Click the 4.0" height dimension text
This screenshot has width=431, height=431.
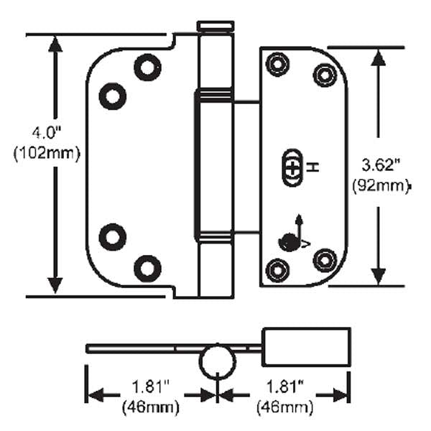(47, 133)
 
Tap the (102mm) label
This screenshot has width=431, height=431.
(47, 153)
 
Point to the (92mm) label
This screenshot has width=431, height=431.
(381, 186)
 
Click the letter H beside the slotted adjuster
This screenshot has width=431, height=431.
(313, 167)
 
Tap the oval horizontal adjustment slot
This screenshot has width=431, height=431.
(292, 167)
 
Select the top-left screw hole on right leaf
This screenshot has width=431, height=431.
(275, 65)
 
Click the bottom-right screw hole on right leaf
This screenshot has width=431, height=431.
(325, 259)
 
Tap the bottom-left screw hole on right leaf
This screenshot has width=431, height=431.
(275, 269)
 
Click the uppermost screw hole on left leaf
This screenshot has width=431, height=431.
(147, 68)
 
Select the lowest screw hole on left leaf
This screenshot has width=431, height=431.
(147, 268)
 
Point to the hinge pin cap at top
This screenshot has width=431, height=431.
(215, 27)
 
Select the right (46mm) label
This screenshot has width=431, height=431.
(284, 407)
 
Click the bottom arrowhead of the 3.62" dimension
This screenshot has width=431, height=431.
(377, 277)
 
